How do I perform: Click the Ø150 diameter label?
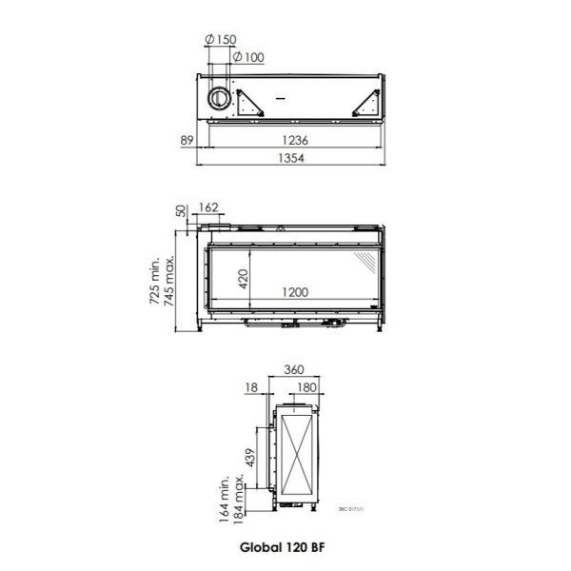point(221,39)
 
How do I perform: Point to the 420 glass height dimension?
point(243,279)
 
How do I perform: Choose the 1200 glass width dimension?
point(294,293)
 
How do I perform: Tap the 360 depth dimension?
point(293,369)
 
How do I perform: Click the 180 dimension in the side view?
point(308,387)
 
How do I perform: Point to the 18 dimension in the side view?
point(251,387)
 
